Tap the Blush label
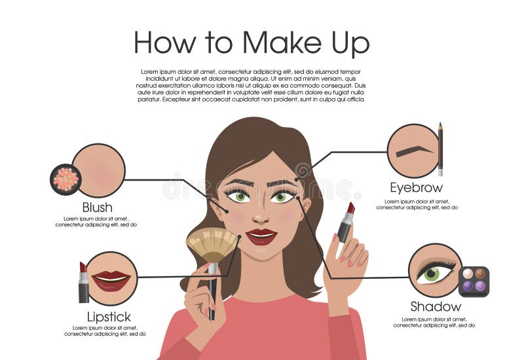pos(97,207)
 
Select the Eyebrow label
pos(416,188)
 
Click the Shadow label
pos(436,306)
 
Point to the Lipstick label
pos(109,317)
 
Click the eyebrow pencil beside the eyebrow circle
pos(440,149)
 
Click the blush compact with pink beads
pos(65,179)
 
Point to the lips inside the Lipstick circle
pos(111,280)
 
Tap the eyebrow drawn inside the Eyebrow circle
pos(413,150)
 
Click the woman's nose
pos(260,216)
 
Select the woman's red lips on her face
pos(261,236)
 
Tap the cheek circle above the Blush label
pos(98,170)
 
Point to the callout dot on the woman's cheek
pos(227,211)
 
